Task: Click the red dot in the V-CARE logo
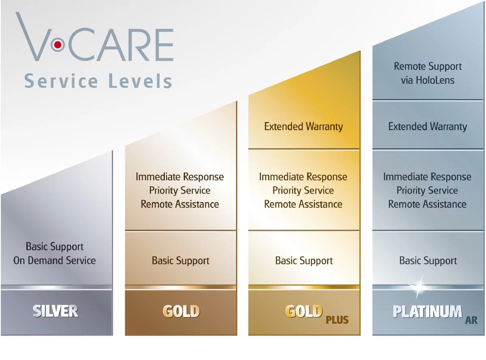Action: (58, 45)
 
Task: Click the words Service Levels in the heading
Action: (98, 81)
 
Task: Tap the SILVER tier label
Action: (55, 311)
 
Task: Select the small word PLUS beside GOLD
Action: (337, 320)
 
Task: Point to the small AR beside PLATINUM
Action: (471, 320)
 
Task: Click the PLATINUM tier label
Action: (428, 311)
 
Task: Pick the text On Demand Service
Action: (54, 260)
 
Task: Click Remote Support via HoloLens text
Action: (428, 73)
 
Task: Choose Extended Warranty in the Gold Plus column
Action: (303, 126)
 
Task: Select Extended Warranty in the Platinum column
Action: (428, 126)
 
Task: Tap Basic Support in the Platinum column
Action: (428, 261)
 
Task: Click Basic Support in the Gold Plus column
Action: (304, 261)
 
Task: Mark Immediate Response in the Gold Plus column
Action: (303, 177)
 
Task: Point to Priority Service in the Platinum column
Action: (427, 190)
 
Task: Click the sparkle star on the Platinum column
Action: (420, 287)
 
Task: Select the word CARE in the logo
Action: (121, 45)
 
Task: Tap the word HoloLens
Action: (435, 80)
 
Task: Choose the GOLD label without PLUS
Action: (181, 311)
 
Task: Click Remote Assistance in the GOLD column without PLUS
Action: (180, 204)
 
